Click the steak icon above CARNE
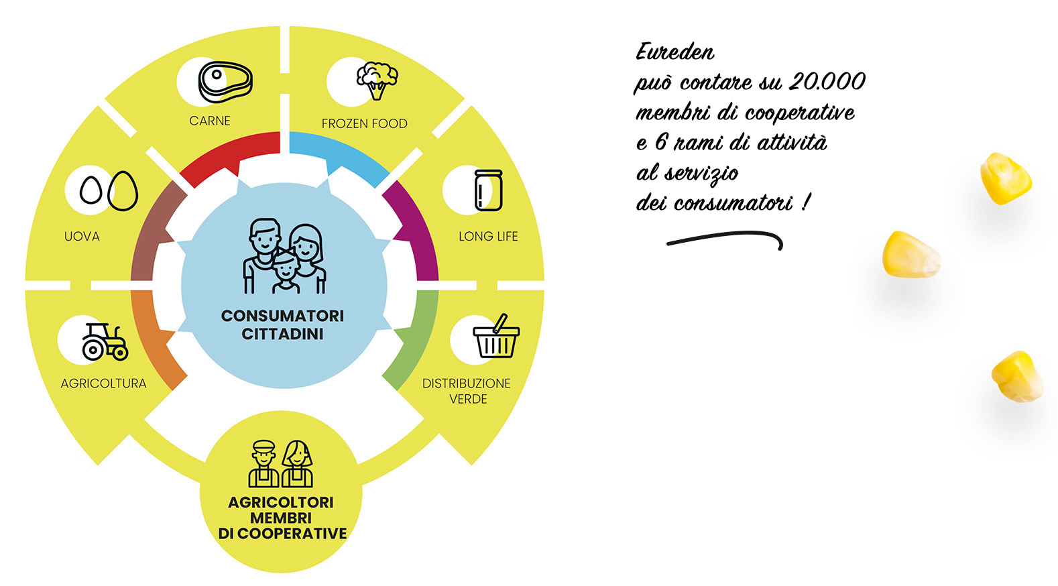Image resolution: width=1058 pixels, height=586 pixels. tap(225, 82)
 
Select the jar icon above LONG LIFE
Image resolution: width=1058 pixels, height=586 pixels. tap(488, 190)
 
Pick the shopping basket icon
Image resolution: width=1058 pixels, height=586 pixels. tap(496, 338)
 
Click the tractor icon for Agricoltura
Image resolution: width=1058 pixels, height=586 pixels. tap(105, 342)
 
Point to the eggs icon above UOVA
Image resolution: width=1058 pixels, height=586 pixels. tap(109, 190)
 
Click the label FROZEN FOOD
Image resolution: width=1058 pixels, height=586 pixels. tap(364, 124)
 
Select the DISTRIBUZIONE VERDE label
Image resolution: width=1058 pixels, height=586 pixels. tap(467, 391)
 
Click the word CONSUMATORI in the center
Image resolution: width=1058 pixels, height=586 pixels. tap(282, 316)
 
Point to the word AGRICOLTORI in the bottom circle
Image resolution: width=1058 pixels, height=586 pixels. tap(280, 502)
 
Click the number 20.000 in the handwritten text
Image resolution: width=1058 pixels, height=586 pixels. tap(827, 82)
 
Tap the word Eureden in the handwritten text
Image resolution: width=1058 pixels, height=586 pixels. tap(674, 52)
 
